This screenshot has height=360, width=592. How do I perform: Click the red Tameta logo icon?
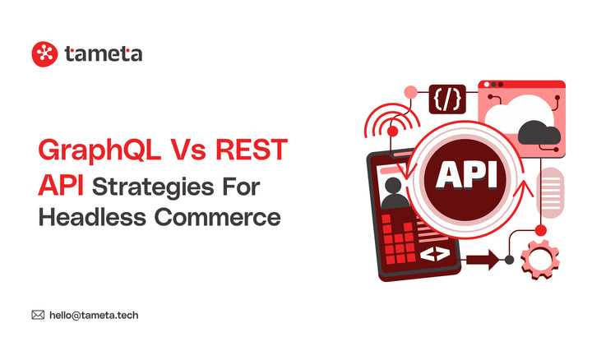pos(44,53)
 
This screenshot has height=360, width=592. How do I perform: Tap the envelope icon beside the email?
pos(38,315)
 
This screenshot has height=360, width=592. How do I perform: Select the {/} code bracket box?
pos(446,99)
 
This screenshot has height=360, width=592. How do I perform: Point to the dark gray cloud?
pos(540,132)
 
